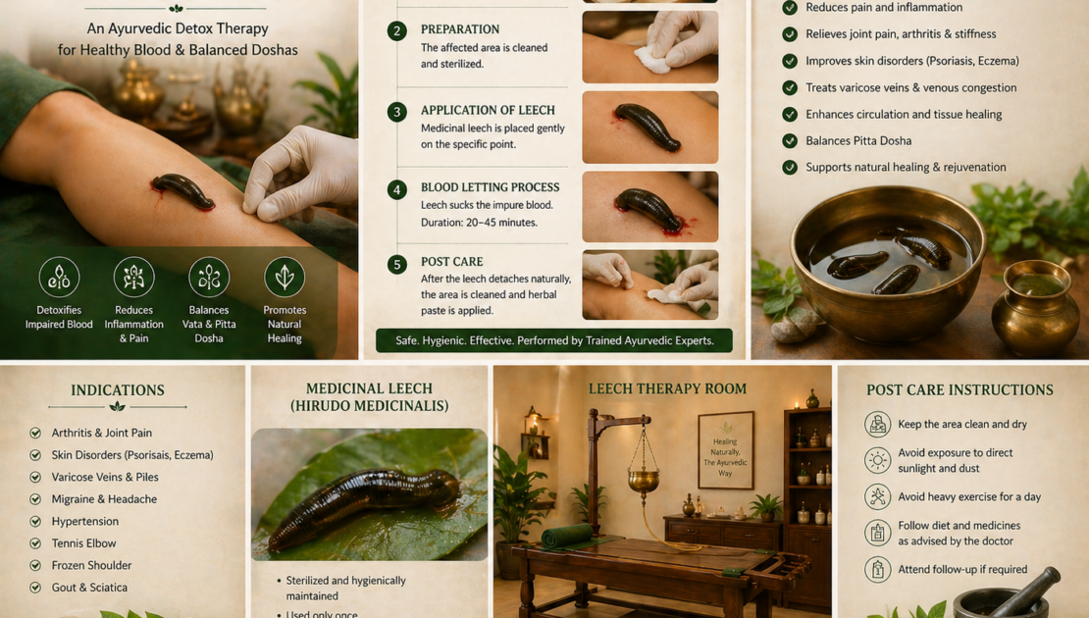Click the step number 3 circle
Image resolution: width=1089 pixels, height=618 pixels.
pyautogui.click(x=397, y=112)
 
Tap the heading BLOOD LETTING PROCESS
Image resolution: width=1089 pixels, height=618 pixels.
pyautogui.click(x=490, y=187)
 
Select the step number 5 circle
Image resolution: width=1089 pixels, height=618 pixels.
pyautogui.click(x=397, y=264)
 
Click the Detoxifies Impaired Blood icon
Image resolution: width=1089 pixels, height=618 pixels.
pyautogui.click(x=59, y=277)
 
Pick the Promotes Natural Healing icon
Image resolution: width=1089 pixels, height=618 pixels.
pyautogui.click(x=285, y=277)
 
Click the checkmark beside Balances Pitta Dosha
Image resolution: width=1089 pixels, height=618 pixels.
pyautogui.click(x=790, y=141)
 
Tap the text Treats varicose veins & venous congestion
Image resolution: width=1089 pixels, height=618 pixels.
pyautogui.click(x=910, y=87)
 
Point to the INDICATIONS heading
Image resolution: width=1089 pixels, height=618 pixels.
pyautogui.click(x=118, y=390)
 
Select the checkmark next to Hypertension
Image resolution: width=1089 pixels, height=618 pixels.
pyautogui.click(x=35, y=522)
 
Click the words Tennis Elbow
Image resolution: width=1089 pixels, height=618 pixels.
pyautogui.click(x=83, y=543)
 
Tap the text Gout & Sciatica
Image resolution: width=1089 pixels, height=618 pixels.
pyautogui.click(x=89, y=588)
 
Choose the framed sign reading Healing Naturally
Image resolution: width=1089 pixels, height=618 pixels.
pyautogui.click(x=725, y=450)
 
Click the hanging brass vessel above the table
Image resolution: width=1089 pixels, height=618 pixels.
pyautogui.click(x=644, y=479)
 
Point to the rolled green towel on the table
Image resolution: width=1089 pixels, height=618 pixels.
pyautogui.click(x=567, y=536)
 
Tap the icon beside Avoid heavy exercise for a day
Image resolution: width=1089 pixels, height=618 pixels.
pyautogui.click(x=877, y=496)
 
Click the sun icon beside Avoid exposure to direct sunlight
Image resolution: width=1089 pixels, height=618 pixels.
pyautogui.click(x=877, y=460)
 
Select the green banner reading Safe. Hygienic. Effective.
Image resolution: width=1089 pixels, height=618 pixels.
pyautogui.click(x=554, y=341)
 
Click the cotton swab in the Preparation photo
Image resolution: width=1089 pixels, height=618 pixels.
pyautogui.click(x=652, y=60)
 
